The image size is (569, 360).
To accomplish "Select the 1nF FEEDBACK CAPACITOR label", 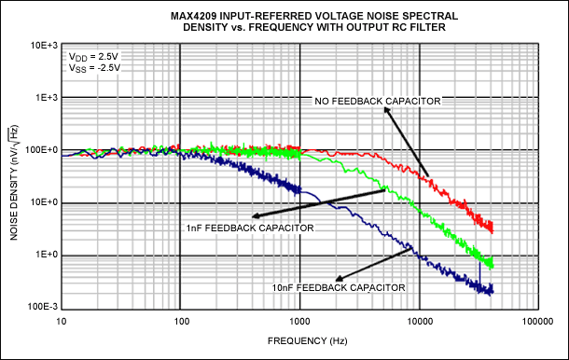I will click(x=250, y=227).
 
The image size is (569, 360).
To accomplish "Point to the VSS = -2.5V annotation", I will click(x=90, y=68).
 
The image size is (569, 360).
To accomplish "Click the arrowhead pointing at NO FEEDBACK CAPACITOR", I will click(x=385, y=109).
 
